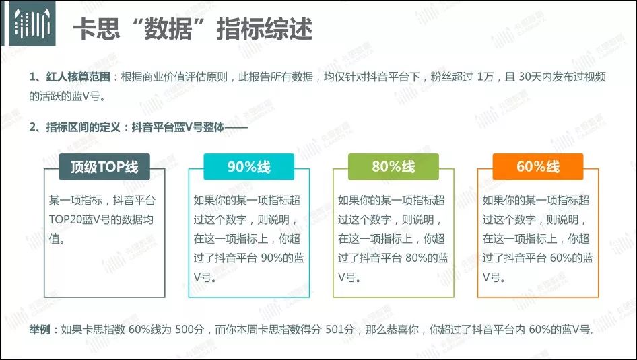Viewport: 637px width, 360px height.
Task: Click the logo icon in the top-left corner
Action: click(32, 23)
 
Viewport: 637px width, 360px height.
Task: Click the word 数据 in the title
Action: click(167, 29)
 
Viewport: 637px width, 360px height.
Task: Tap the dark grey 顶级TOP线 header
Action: click(104, 166)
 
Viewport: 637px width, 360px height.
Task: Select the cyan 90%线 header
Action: click(248, 166)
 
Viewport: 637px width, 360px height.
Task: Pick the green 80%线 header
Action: click(393, 166)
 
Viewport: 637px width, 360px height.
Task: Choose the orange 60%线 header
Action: click(538, 166)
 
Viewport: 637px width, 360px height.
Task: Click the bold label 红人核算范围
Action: click(78, 77)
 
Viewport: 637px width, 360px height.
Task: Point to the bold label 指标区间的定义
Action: click(83, 127)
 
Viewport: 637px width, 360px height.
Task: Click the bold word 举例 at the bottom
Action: click(40, 329)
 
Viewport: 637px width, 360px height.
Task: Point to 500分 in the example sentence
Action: click(189, 329)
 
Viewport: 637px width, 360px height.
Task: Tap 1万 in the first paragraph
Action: click(485, 77)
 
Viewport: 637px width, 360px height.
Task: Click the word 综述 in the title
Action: click(289, 29)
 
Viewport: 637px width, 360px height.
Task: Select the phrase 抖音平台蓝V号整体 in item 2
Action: click(178, 127)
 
